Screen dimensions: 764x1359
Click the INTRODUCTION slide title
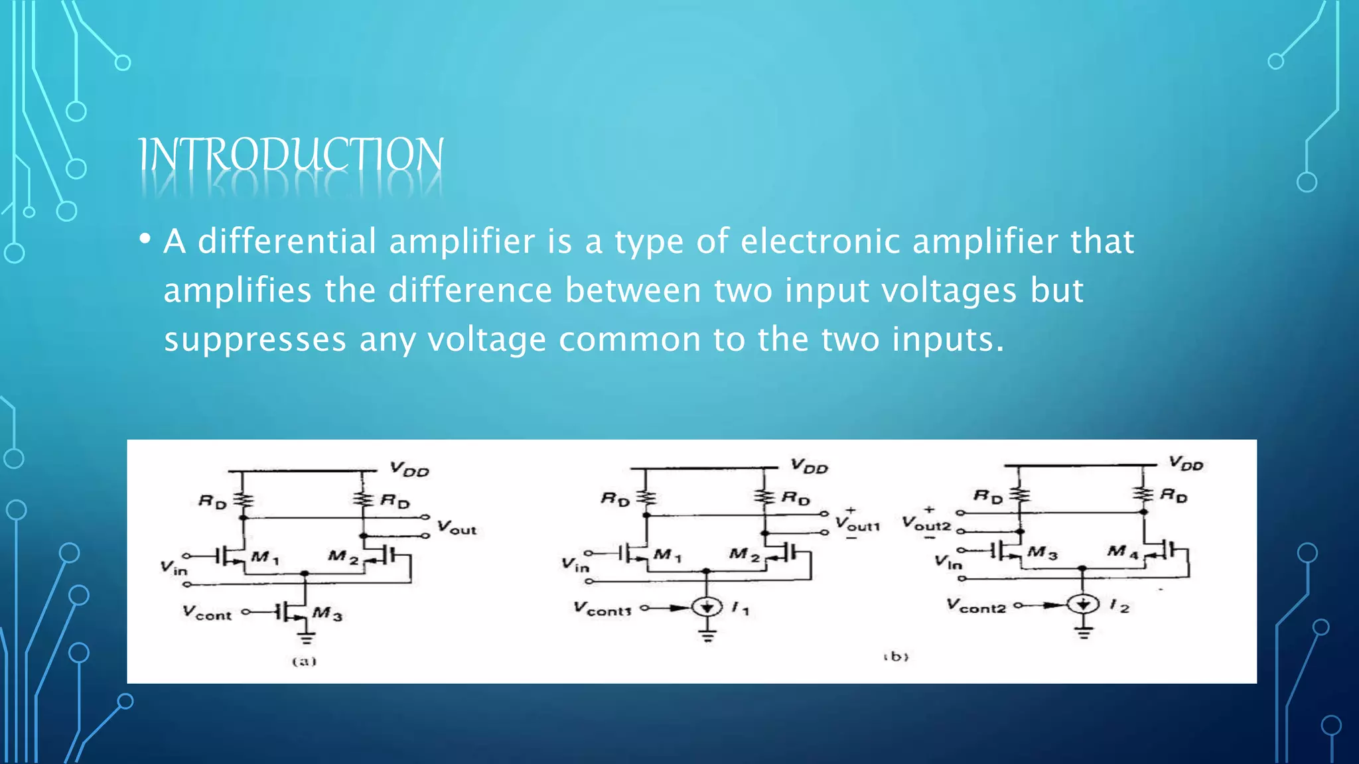pyautogui.click(x=291, y=155)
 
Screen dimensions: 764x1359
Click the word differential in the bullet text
pyautogui.click(x=287, y=241)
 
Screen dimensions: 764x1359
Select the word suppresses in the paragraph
pyautogui.click(x=255, y=340)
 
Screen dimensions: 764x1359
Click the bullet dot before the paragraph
pyautogui.click(x=145, y=239)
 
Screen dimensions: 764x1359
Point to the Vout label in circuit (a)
pyautogui.click(x=457, y=528)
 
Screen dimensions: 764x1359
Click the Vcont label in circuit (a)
pyautogui.click(x=207, y=613)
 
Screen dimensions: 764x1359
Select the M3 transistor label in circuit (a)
pyautogui.click(x=327, y=613)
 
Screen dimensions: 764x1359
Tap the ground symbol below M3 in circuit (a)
pyautogui.click(x=306, y=639)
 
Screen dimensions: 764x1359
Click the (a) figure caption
pyautogui.click(x=305, y=661)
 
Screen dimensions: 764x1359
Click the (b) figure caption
pyautogui.click(x=896, y=657)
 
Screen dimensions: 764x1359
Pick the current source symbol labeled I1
pyautogui.click(x=707, y=607)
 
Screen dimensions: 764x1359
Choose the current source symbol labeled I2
pyautogui.click(x=1083, y=604)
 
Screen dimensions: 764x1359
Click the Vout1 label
pyautogui.click(x=857, y=524)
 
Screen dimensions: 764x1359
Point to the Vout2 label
pyautogui.click(x=926, y=524)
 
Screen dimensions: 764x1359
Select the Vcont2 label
pyautogui.click(x=976, y=605)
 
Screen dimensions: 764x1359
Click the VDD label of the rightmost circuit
pyautogui.click(x=1186, y=463)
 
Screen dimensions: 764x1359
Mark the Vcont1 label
pyautogui.click(x=602, y=608)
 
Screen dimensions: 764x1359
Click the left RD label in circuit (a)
pyautogui.click(x=212, y=501)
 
